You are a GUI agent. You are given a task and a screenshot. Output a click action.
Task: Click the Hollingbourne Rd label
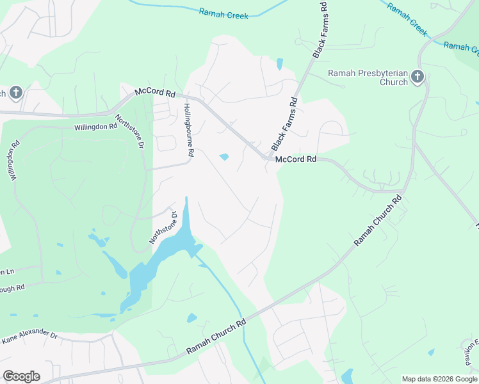(x=188, y=131)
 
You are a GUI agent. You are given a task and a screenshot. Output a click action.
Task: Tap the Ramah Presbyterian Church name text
(x=368, y=77)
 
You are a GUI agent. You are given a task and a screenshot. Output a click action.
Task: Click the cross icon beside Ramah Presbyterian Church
(x=417, y=77)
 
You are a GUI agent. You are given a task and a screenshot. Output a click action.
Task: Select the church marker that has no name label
(x=15, y=93)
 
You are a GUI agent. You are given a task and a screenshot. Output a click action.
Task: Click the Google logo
(x=21, y=376)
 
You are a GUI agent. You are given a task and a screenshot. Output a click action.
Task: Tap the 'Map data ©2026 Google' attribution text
(x=439, y=379)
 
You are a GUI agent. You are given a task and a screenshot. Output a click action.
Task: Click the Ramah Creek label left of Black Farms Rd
(x=223, y=13)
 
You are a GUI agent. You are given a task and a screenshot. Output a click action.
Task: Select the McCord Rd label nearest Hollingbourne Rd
(x=155, y=93)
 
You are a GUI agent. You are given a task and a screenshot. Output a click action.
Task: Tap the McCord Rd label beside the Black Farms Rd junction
(x=296, y=159)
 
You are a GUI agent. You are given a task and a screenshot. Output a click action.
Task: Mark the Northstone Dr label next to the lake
(x=162, y=227)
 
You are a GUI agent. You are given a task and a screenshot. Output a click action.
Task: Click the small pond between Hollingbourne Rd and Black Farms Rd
(x=224, y=157)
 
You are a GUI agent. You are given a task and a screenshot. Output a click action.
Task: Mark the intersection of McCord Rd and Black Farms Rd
(x=269, y=158)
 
